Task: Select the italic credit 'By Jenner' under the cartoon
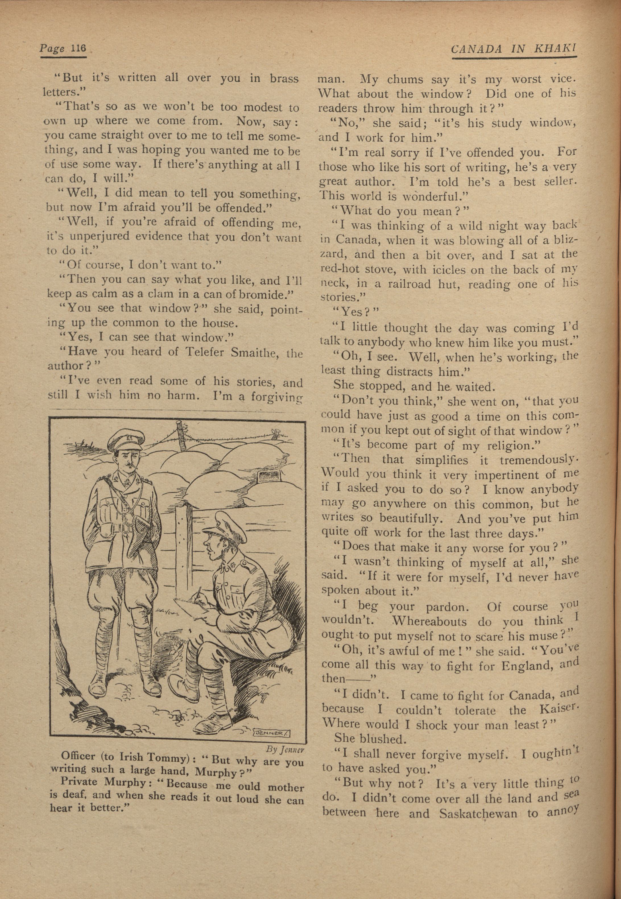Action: (285, 749)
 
